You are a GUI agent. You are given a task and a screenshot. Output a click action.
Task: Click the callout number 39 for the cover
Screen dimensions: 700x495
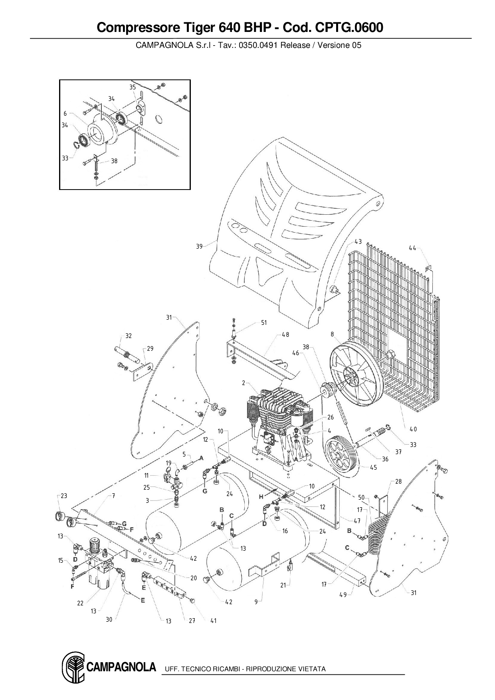(199, 246)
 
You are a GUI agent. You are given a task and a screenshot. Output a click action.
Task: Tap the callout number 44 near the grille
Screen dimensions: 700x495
(412, 248)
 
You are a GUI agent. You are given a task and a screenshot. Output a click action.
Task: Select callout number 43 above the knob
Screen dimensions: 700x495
(358, 241)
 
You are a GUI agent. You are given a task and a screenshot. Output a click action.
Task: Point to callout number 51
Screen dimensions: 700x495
(264, 322)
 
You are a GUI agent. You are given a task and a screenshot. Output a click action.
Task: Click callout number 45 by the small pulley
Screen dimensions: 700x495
(373, 467)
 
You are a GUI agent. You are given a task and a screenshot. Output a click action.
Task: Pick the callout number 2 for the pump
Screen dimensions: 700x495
(244, 383)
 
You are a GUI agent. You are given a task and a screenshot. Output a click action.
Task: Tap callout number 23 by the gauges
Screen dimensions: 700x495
(64, 496)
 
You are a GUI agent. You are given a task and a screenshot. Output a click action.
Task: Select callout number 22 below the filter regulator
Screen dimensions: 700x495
(80, 603)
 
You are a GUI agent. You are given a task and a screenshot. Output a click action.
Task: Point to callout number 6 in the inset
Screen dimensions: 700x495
(65, 114)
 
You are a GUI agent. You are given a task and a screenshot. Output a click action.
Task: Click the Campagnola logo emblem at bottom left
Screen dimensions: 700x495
(73, 668)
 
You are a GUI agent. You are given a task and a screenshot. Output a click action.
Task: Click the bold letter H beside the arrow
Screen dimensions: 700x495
(261, 497)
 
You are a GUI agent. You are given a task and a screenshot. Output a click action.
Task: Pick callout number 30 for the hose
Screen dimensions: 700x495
(109, 619)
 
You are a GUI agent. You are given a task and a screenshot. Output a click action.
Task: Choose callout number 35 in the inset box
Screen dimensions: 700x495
(133, 87)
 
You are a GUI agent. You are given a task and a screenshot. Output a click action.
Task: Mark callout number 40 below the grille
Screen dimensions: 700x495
(413, 429)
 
